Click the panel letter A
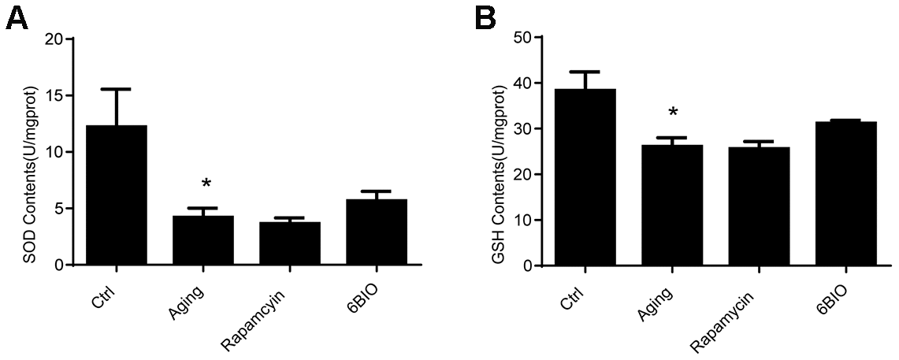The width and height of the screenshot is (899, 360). pyautogui.click(x=17, y=18)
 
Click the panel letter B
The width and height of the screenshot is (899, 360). pyautogui.click(x=485, y=18)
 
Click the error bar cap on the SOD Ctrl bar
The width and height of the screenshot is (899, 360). pyautogui.click(x=117, y=89)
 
